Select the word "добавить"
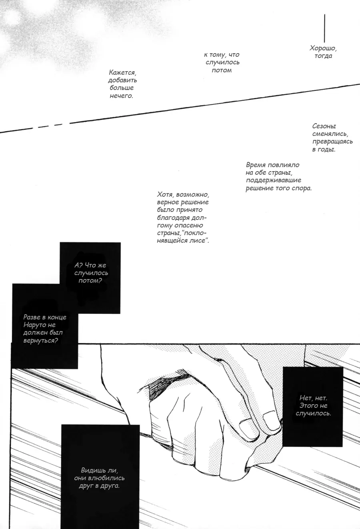pos(122,80)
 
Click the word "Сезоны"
pos(324,126)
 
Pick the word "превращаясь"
pos(332,142)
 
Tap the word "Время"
pos(256,165)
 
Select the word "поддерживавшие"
pos(274,180)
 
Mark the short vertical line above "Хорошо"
pos(324,28)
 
